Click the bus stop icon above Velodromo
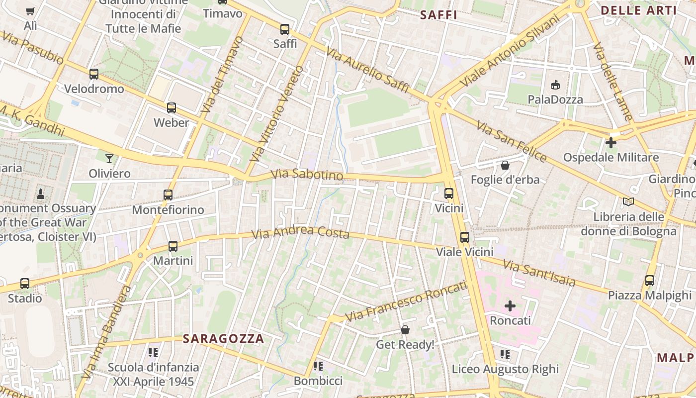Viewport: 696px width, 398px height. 94,74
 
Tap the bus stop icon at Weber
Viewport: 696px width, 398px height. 172,107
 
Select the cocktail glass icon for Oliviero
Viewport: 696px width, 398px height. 109,159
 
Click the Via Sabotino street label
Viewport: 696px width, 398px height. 307,175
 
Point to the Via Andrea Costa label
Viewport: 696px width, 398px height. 300,232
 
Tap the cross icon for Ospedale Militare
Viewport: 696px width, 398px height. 611,143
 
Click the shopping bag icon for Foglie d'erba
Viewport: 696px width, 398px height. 505,165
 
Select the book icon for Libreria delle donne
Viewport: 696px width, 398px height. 628,201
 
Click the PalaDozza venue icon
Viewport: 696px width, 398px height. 555,85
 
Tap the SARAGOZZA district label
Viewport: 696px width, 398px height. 223,339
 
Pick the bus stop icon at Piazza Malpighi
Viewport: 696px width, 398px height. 650,280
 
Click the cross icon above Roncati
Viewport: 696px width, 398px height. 510,305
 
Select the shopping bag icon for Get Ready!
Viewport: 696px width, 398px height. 405,330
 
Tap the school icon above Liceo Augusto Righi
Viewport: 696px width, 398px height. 505,354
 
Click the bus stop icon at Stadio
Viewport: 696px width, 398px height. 25,284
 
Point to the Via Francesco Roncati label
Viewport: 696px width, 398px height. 406,301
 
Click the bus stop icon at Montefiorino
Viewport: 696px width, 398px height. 168,195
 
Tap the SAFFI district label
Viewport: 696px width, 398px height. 438,15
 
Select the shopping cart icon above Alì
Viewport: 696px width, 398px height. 30,11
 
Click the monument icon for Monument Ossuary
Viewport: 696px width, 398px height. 41,194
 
